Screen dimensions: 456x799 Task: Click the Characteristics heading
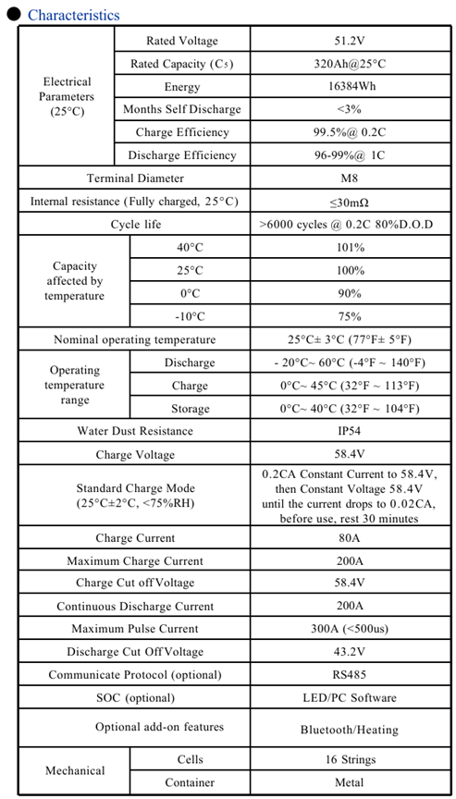coord(73,15)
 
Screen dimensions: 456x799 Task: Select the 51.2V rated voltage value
coord(349,41)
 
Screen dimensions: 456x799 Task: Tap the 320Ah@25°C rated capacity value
coord(349,64)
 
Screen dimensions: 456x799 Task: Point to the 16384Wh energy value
coord(349,87)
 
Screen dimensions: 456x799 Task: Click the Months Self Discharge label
coord(181,109)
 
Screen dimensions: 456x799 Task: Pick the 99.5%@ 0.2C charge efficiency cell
coord(349,132)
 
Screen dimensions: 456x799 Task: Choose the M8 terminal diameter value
coord(349,178)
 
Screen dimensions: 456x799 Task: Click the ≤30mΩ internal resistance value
coord(349,202)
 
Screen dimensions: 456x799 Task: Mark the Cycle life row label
coord(135,225)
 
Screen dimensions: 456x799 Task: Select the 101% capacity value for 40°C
coord(349,248)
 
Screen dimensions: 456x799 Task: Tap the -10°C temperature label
coord(190,317)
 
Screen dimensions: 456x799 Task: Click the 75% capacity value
coord(349,317)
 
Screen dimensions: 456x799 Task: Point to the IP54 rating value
coord(349,431)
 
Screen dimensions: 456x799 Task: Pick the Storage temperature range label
coord(190,409)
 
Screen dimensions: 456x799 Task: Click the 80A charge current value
coord(349,538)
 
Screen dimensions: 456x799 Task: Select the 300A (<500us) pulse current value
coord(349,629)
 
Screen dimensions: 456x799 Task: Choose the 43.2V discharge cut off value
coord(349,652)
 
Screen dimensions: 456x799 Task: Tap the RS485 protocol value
coord(349,675)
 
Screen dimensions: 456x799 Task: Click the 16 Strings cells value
coord(349,759)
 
